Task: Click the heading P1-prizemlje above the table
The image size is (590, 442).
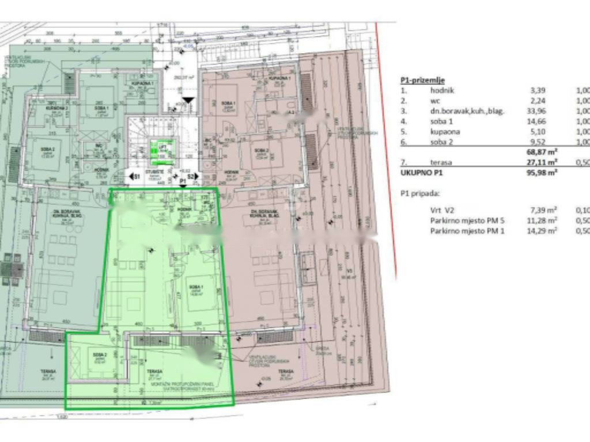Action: pyautogui.click(x=422, y=80)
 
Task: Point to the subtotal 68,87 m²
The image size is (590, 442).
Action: pyautogui.click(x=542, y=152)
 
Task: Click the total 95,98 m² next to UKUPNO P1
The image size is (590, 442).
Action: pyautogui.click(x=542, y=172)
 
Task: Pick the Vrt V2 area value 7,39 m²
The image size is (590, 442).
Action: pyautogui.click(x=543, y=211)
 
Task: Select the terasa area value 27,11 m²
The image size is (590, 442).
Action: pyautogui.click(x=542, y=163)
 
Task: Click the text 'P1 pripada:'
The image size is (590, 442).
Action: pyautogui.click(x=418, y=193)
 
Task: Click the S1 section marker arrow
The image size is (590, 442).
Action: pyautogui.click(x=134, y=177)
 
